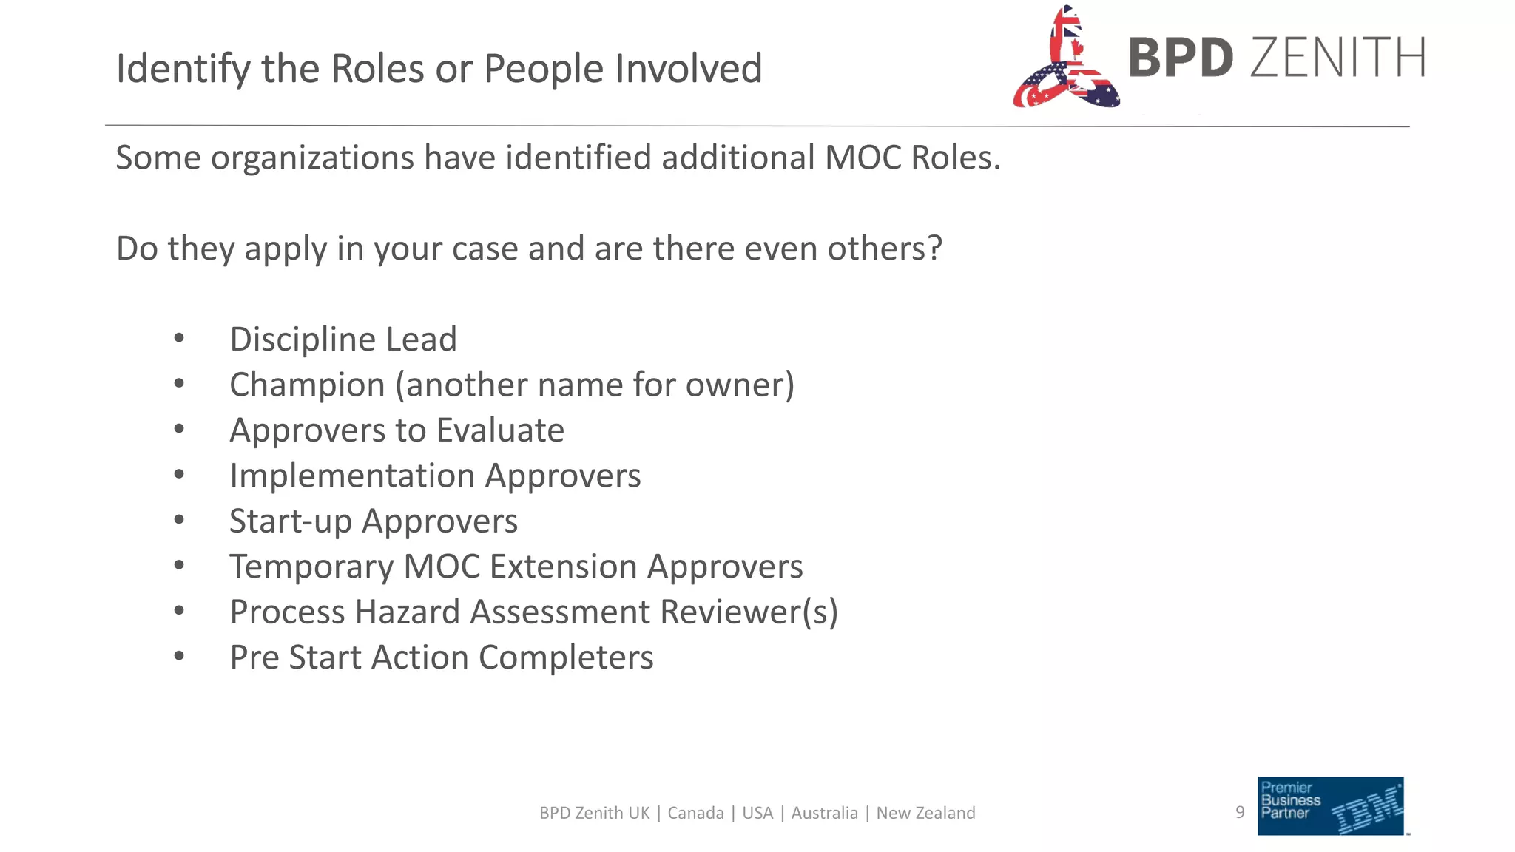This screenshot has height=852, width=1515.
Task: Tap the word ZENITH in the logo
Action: (1337, 58)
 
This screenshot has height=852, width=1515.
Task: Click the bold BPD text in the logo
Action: (1181, 58)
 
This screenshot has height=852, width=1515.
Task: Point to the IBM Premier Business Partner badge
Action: (1330, 805)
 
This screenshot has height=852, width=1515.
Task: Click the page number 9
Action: (1240, 812)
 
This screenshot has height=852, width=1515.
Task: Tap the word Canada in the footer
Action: (695, 813)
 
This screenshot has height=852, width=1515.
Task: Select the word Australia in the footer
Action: (824, 813)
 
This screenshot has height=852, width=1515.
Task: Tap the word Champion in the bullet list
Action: (307, 385)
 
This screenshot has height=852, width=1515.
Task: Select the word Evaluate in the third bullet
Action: (500, 430)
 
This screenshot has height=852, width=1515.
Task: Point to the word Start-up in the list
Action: (291, 521)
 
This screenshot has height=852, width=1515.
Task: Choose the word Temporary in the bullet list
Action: (311, 567)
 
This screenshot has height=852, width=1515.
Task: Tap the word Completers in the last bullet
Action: (566, 657)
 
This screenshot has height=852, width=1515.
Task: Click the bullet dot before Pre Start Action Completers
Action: (179, 657)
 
